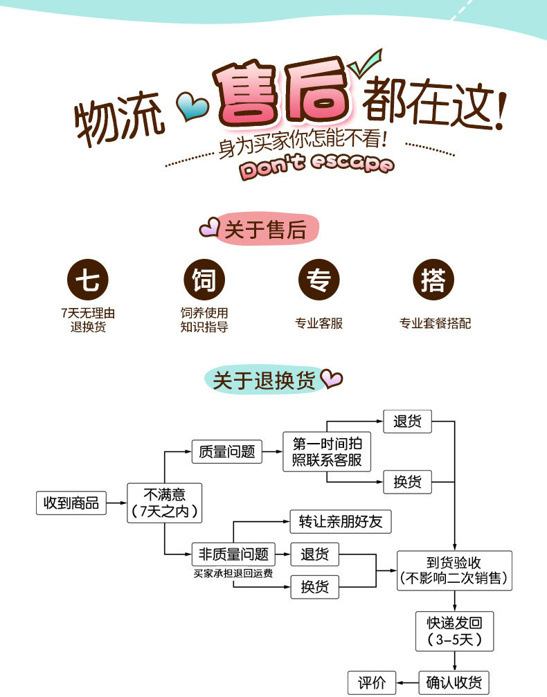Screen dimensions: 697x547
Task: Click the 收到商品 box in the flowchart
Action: click(71, 503)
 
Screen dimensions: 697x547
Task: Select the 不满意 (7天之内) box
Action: click(164, 503)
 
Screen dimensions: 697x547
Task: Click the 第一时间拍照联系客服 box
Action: click(327, 452)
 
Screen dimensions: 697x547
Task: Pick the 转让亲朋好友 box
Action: click(340, 521)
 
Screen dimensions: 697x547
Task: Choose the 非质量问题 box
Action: click(233, 554)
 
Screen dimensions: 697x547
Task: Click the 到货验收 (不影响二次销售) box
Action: click(454, 570)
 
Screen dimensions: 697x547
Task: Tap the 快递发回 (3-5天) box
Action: click(454, 631)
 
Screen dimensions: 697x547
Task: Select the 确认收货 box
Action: click(454, 682)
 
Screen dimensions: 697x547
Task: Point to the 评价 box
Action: click(372, 682)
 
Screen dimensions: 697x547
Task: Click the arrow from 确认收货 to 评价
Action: click(407, 682)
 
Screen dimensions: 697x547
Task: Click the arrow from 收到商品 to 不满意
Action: click(116, 503)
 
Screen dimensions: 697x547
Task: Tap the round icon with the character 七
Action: click(88, 280)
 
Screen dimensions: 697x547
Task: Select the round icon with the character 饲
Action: click(204, 280)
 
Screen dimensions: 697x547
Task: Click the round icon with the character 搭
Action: click(433, 280)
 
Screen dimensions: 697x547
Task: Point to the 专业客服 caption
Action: click(319, 323)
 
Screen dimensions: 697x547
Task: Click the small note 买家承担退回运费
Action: click(233, 573)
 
